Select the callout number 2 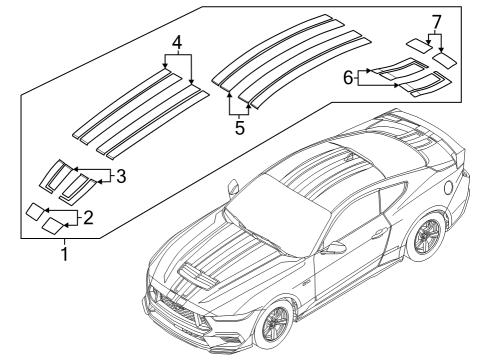(x=87, y=216)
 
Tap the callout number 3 (x=120, y=177)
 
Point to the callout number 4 (x=176, y=45)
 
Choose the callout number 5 (x=239, y=127)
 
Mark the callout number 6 (x=347, y=78)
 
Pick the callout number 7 (x=435, y=22)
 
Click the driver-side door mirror (x=335, y=248)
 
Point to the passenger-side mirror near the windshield (x=233, y=187)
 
